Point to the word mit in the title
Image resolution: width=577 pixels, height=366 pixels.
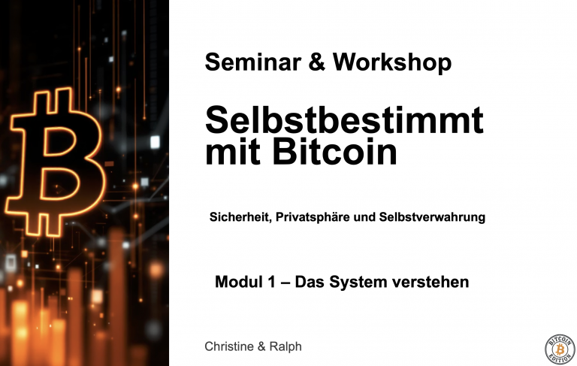point(229,153)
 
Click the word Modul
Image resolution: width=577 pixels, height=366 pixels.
point(238,283)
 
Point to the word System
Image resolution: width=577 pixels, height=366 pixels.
point(358,283)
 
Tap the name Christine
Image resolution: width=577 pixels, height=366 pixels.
point(231,346)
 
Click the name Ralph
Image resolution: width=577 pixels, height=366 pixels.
point(285,346)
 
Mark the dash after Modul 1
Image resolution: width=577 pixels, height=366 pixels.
point(285,283)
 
